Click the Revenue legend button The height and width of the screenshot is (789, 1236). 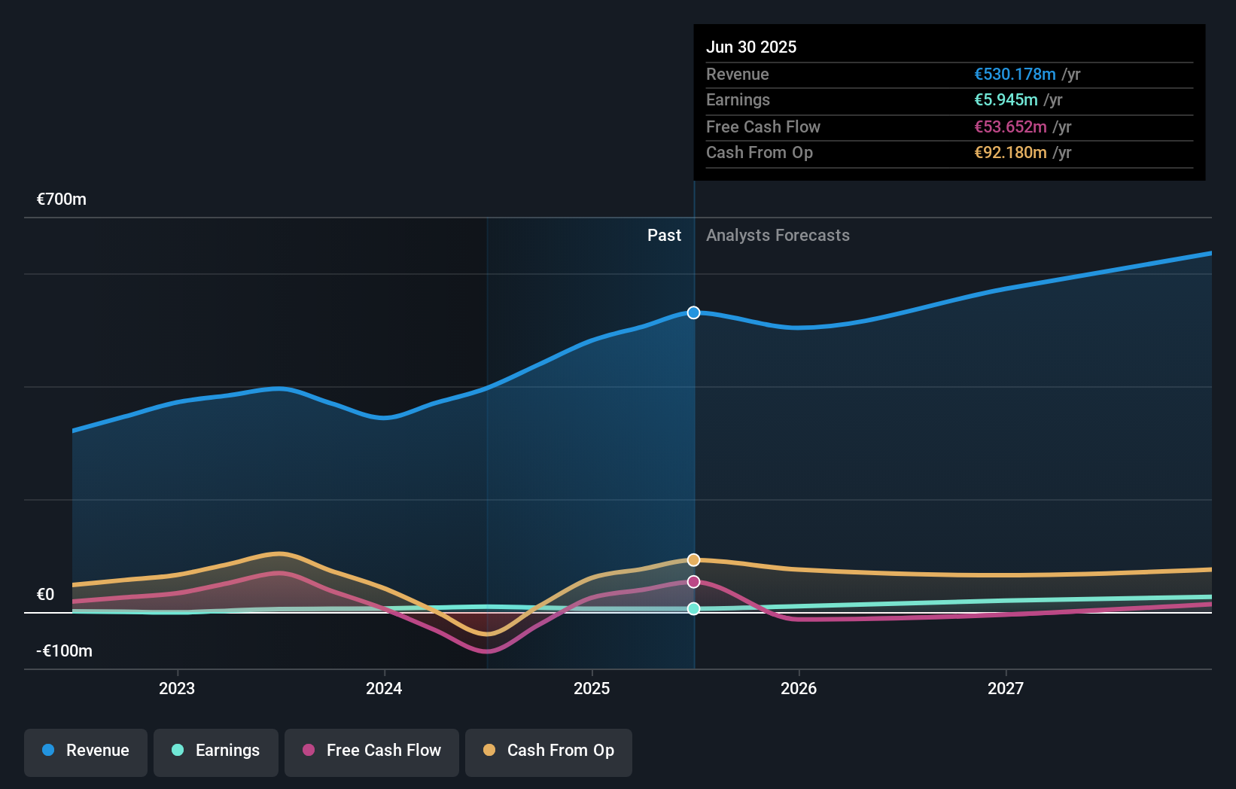pyautogui.click(x=86, y=751)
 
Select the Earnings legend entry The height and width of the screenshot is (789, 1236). pyautogui.click(x=216, y=751)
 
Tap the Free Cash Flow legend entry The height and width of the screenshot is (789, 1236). pyautogui.click(x=372, y=751)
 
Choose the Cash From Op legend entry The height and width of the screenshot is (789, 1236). pyautogui.click(x=549, y=751)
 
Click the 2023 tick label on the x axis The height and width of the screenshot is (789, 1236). pyautogui.click(x=177, y=688)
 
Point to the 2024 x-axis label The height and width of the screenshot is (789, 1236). pyautogui.click(x=384, y=688)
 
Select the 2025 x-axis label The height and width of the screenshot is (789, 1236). pyautogui.click(x=592, y=688)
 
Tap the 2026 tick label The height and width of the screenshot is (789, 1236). pyautogui.click(x=799, y=688)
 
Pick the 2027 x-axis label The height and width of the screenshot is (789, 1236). pyautogui.click(x=1006, y=688)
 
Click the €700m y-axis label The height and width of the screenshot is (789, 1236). pyautogui.click(x=62, y=200)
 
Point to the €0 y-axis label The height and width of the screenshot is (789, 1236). pyautogui.click(x=46, y=595)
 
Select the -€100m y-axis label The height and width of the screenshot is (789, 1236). pyautogui.click(x=65, y=651)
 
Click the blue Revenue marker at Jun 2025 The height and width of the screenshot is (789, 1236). pyautogui.click(x=694, y=312)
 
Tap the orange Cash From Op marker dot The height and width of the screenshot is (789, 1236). pyautogui.click(x=694, y=560)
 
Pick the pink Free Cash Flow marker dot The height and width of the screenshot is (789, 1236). pyautogui.click(x=694, y=582)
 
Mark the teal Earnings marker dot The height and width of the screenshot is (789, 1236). pyautogui.click(x=694, y=608)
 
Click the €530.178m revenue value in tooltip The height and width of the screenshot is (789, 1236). pyautogui.click(x=1015, y=75)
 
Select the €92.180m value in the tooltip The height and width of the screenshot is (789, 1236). pyautogui.click(x=1010, y=153)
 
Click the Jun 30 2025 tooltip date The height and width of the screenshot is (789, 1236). pyautogui.click(x=751, y=47)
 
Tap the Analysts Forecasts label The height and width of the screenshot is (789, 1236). pyautogui.click(x=778, y=236)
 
